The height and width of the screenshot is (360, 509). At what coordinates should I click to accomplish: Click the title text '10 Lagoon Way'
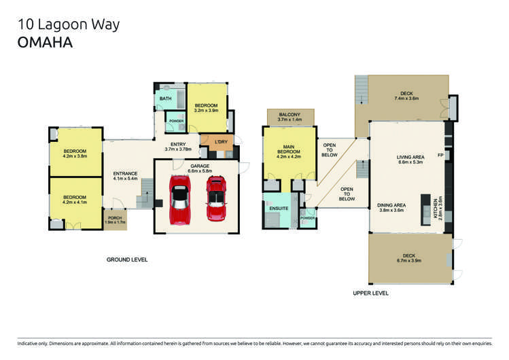[68, 25]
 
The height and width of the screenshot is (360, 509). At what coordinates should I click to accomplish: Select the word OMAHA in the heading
[45, 41]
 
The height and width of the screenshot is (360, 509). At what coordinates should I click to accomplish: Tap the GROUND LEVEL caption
[127, 259]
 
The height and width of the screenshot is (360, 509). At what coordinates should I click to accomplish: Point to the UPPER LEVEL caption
[370, 293]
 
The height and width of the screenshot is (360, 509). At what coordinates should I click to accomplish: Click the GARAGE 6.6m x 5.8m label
[199, 168]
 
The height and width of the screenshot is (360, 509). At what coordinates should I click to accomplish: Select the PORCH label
[115, 219]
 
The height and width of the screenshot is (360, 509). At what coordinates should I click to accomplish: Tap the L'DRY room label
[221, 142]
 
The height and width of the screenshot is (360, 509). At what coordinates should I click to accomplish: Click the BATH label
[166, 99]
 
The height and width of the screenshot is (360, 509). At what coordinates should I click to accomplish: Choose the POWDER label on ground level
[177, 122]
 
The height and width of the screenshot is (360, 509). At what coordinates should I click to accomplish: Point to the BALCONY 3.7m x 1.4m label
[289, 117]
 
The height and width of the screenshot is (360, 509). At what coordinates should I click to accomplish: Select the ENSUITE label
[279, 208]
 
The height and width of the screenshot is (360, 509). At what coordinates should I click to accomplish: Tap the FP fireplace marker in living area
[440, 157]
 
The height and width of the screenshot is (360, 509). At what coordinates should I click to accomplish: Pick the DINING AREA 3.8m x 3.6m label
[391, 207]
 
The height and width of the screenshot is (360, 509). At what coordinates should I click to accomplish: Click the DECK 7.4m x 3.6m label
[407, 96]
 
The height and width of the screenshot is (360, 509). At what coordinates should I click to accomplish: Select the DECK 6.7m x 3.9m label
[407, 258]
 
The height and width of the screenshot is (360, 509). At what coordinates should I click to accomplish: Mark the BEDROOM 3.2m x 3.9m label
[206, 107]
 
